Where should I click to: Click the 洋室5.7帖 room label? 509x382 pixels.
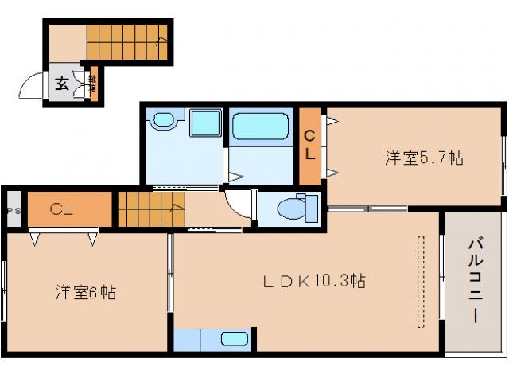click(x=424, y=158)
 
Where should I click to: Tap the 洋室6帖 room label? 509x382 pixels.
click(x=85, y=292)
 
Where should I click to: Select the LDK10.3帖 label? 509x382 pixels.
click(x=315, y=281)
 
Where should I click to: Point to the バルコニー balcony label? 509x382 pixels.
click(x=474, y=279)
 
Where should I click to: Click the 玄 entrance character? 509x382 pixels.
click(x=62, y=81)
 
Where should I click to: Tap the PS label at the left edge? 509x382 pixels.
click(x=11, y=210)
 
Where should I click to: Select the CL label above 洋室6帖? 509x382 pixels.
click(x=61, y=209)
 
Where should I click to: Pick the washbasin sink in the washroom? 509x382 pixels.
click(x=164, y=120)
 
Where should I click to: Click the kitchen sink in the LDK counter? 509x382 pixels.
click(x=234, y=339)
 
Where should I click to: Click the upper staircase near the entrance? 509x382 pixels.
click(x=126, y=42)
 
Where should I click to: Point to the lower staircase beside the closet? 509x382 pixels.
click(x=151, y=209)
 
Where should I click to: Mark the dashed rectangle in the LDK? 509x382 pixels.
click(x=421, y=281)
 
